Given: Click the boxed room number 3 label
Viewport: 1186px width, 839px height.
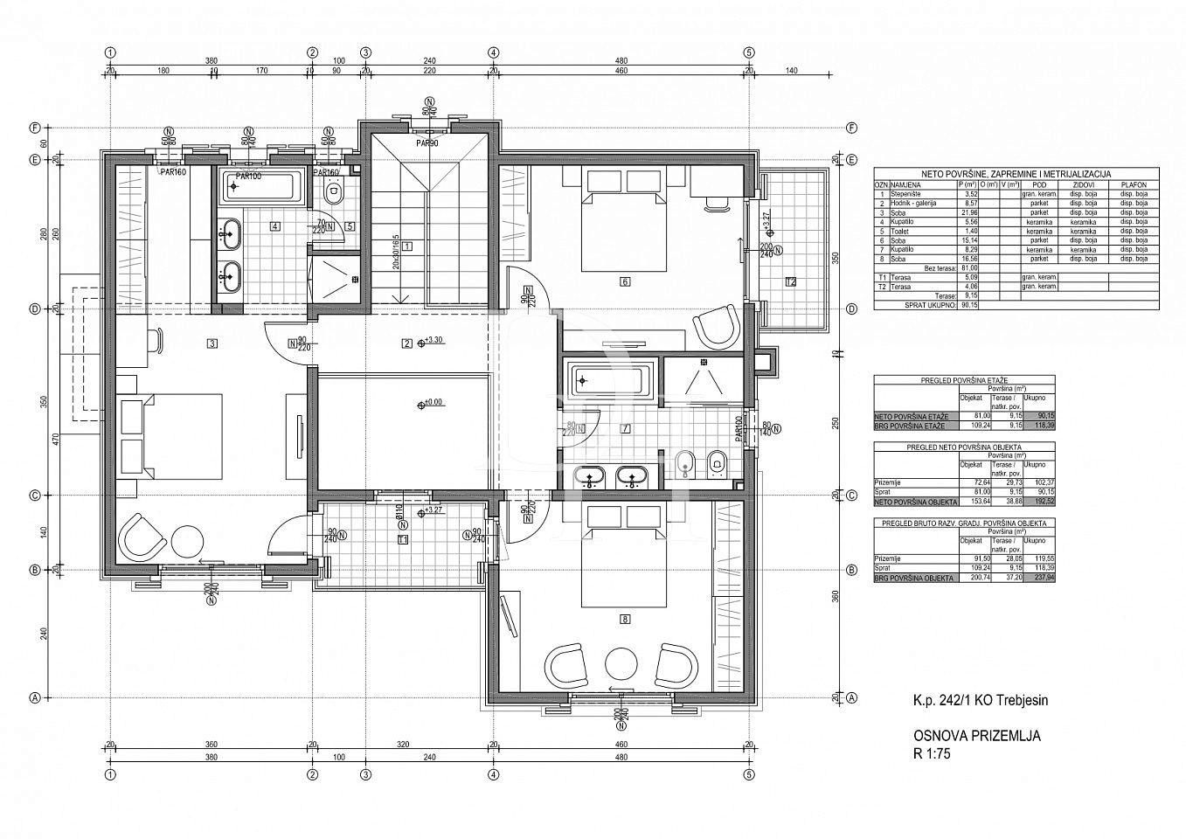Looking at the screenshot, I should pyautogui.click(x=212, y=343).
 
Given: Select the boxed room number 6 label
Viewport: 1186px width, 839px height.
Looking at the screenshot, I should pyautogui.click(x=624, y=281).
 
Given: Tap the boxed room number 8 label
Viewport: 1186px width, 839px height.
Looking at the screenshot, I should pyautogui.click(x=624, y=620).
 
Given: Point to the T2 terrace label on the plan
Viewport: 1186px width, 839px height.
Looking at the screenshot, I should pyautogui.click(x=791, y=281).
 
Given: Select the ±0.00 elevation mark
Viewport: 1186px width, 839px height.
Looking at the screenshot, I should pyautogui.click(x=432, y=403).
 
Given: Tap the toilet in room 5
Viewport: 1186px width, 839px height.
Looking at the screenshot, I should pyautogui.click(x=332, y=191).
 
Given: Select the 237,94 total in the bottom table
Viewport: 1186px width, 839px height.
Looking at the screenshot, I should pyautogui.click(x=1037, y=578).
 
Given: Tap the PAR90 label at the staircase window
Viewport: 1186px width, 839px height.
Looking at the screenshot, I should pyautogui.click(x=427, y=143).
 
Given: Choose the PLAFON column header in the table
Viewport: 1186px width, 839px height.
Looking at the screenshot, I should pyautogui.click(x=1133, y=185).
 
